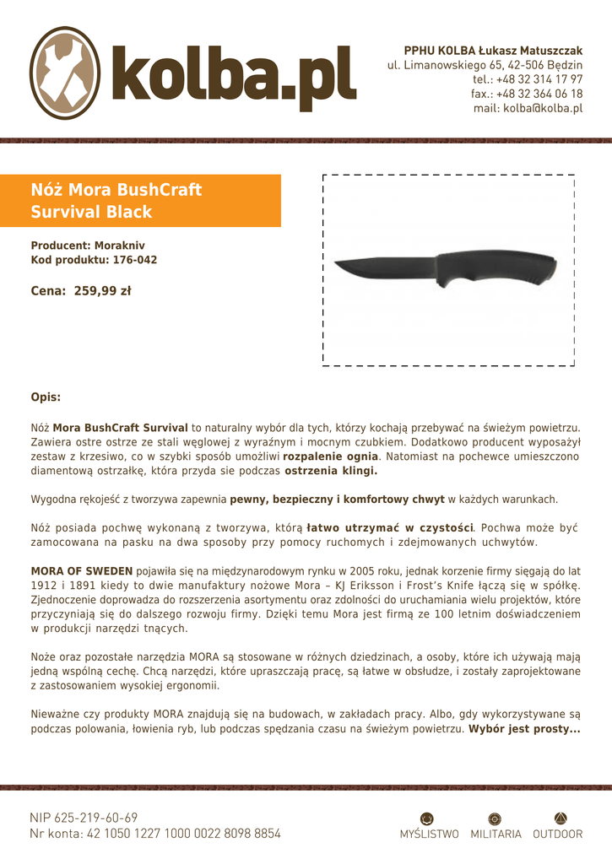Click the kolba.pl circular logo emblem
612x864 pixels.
pyautogui.click(x=66, y=73)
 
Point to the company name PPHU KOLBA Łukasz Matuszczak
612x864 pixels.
pyautogui.click(x=493, y=51)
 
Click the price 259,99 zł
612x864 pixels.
pyautogui.click(x=102, y=291)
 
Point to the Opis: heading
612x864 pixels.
pyautogui.click(x=46, y=397)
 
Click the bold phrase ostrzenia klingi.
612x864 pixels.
pyautogui.click(x=331, y=471)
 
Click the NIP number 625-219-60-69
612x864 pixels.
pyautogui.click(x=96, y=818)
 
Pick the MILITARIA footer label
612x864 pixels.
pyautogui.click(x=496, y=834)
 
